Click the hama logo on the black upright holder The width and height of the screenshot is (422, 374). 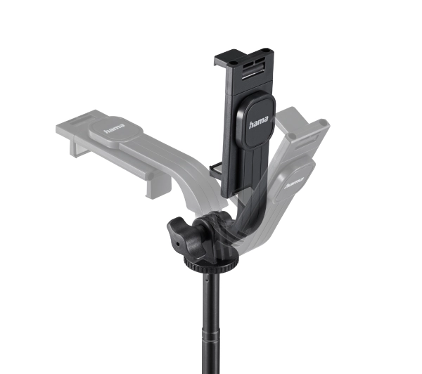tap(258, 122)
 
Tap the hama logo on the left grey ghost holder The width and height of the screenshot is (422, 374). tap(115, 129)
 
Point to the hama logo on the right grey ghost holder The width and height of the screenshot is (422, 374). tap(294, 183)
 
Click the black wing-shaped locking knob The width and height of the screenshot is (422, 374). tap(187, 238)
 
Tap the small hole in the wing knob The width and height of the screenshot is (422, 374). tap(178, 244)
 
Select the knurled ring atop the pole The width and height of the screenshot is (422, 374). tap(211, 264)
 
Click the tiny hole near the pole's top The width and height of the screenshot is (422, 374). tap(206, 280)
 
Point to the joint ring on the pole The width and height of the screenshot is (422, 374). tap(211, 335)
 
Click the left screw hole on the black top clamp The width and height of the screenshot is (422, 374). tap(233, 63)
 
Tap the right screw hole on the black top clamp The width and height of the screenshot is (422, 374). tap(266, 50)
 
